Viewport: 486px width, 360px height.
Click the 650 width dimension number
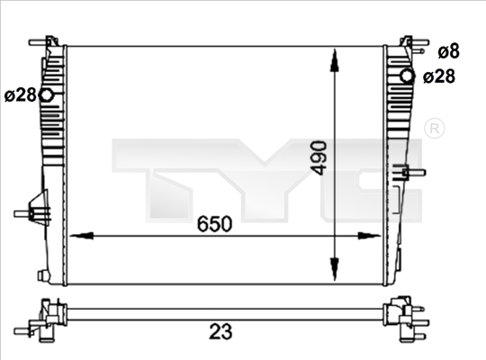coord(214,224)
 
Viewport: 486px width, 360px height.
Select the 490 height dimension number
coord(319,157)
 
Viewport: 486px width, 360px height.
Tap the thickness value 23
coord(220,331)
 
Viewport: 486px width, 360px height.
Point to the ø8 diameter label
coord(448,51)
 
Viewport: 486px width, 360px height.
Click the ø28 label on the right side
coord(439,76)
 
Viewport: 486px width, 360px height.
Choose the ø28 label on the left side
coord(21,94)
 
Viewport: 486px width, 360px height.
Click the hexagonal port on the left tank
coord(47,95)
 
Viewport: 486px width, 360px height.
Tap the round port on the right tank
coord(408,76)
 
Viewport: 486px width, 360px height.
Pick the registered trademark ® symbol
coord(434,128)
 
